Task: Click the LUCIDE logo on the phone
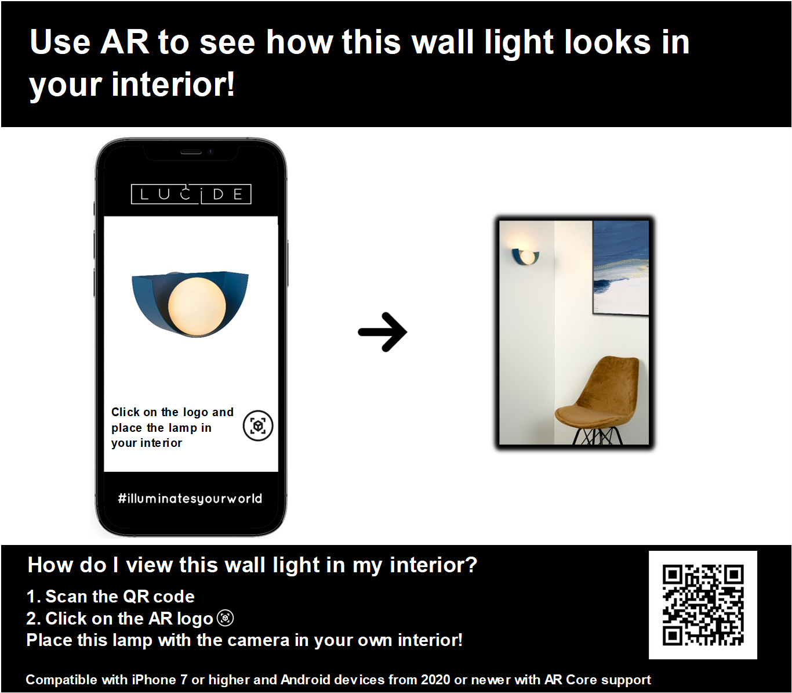tap(191, 194)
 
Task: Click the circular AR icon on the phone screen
tap(258, 425)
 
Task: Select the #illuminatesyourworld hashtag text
tap(190, 498)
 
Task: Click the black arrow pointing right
tap(383, 332)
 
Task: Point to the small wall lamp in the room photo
tap(525, 257)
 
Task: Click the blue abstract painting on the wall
tap(621, 268)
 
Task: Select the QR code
tap(703, 605)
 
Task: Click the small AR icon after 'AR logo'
tap(226, 618)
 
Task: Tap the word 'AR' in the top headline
tap(124, 42)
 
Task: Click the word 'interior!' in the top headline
tap(173, 84)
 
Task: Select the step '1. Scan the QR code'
tap(110, 596)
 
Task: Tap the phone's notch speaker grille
tap(191, 152)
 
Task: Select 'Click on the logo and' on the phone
tap(172, 412)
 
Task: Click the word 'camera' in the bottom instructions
tap(258, 640)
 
